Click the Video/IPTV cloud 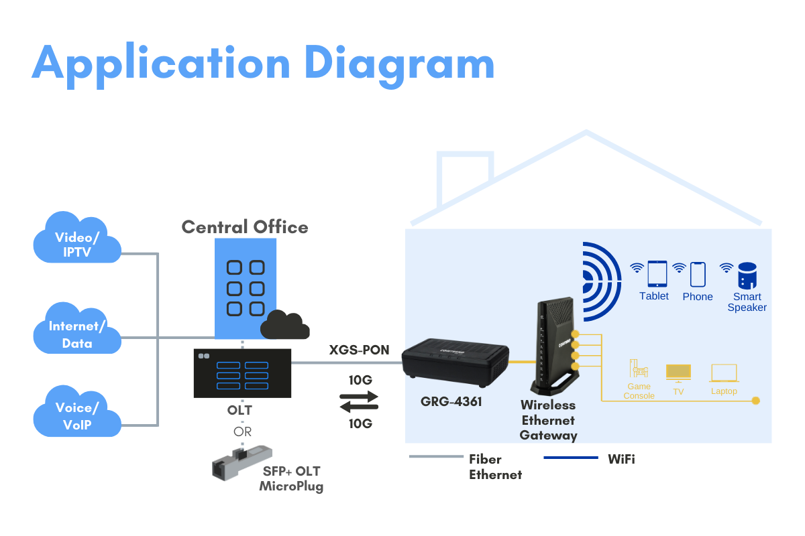point(77,238)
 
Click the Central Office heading point(245,227)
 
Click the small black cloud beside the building point(284,326)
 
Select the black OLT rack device point(242,373)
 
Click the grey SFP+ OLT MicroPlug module point(237,462)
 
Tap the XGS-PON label point(359,350)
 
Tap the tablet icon point(657,274)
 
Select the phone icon point(698,274)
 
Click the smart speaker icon point(747,275)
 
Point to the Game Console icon point(639,369)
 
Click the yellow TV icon point(678,373)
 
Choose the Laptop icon point(724,373)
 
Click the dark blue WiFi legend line point(570,458)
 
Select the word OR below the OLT point(242,431)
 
